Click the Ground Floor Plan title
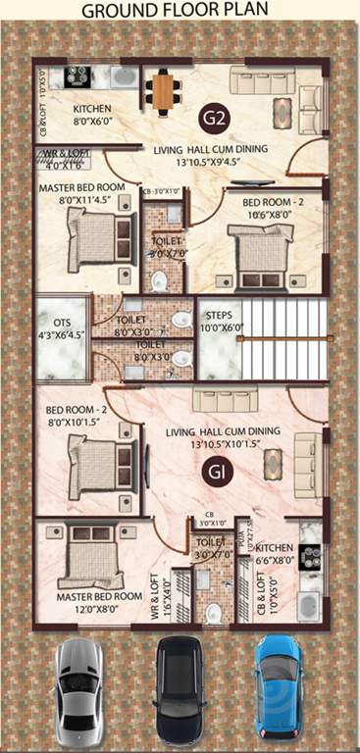(x=180, y=11)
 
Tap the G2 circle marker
(x=217, y=119)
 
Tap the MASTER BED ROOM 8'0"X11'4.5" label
(x=81, y=192)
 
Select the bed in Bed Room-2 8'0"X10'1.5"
(x=98, y=462)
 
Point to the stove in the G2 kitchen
(x=77, y=75)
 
